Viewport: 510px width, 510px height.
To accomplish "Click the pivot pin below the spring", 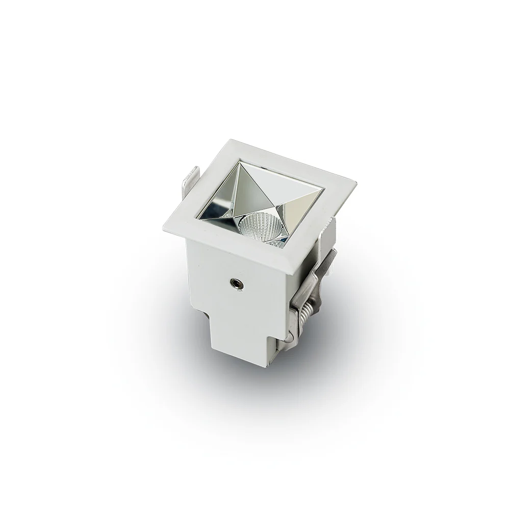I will pos(289,336).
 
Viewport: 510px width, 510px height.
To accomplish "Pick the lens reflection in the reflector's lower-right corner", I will pos(278,242).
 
